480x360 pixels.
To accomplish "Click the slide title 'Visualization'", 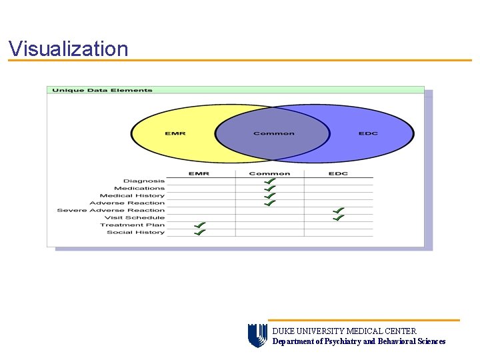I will click(x=68, y=49).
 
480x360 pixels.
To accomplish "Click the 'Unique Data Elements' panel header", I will click(x=102, y=90).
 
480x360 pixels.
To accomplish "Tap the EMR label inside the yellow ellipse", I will click(x=175, y=133).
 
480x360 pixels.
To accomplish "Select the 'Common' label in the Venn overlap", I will click(x=273, y=133).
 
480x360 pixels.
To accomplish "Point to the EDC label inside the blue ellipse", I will click(x=368, y=133).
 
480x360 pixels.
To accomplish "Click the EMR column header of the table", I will click(x=199, y=173).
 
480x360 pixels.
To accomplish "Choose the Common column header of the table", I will click(x=269, y=173).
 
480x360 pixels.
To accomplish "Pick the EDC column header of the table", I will click(x=338, y=173).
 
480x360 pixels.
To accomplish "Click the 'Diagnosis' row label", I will click(x=144, y=181).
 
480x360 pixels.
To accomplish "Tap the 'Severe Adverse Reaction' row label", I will click(x=111, y=210).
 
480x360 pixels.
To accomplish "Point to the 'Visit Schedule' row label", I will click(x=135, y=217).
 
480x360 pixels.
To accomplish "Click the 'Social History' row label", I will click(x=135, y=232).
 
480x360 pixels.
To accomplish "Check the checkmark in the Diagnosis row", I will click(x=269, y=181).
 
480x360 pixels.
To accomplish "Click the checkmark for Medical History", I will click(x=269, y=195).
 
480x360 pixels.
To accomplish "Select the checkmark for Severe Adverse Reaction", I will click(x=339, y=210).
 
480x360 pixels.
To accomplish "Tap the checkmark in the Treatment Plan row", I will click(x=199, y=225).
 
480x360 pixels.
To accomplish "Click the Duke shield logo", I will click(x=257, y=335).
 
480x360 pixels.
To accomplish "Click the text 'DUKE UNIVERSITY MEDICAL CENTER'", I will click(x=344, y=331).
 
